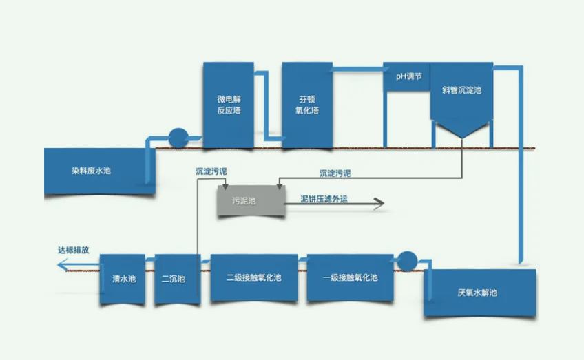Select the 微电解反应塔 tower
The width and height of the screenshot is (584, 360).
[x=228, y=105]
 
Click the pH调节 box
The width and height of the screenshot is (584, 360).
[x=406, y=76]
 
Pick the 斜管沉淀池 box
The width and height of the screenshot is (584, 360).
[x=461, y=90]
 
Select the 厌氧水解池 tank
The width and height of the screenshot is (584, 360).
[x=479, y=293]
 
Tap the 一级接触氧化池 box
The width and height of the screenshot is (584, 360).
[x=350, y=278]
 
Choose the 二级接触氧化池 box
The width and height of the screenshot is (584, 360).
[x=254, y=278]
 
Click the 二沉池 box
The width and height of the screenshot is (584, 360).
[x=173, y=279]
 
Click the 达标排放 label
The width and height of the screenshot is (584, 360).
[x=73, y=251]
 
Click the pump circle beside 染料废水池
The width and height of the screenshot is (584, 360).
[x=178, y=138]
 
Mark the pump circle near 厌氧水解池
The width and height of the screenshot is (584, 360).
[x=407, y=260]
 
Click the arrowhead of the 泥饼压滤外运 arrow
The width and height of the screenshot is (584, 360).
[x=377, y=203]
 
